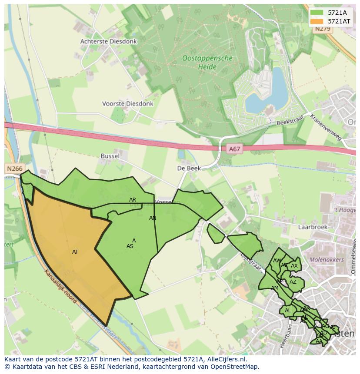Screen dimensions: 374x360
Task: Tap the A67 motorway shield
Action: [x=234, y=149]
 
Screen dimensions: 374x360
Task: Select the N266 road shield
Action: [x=15, y=168]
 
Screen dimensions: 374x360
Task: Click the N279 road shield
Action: [x=323, y=29]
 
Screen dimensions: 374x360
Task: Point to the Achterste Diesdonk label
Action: [x=108, y=41]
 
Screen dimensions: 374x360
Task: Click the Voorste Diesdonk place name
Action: [x=127, y=104]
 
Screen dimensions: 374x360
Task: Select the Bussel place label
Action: [x=110, y=156]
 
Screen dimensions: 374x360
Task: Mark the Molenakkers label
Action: [x=326, y=260]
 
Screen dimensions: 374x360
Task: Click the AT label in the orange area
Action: [x=75, y=252]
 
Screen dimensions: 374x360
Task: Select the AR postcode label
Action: [x=133, y=200]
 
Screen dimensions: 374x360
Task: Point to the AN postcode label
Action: [x=153, y=218]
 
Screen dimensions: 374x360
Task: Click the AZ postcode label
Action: [x=293, y=282]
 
